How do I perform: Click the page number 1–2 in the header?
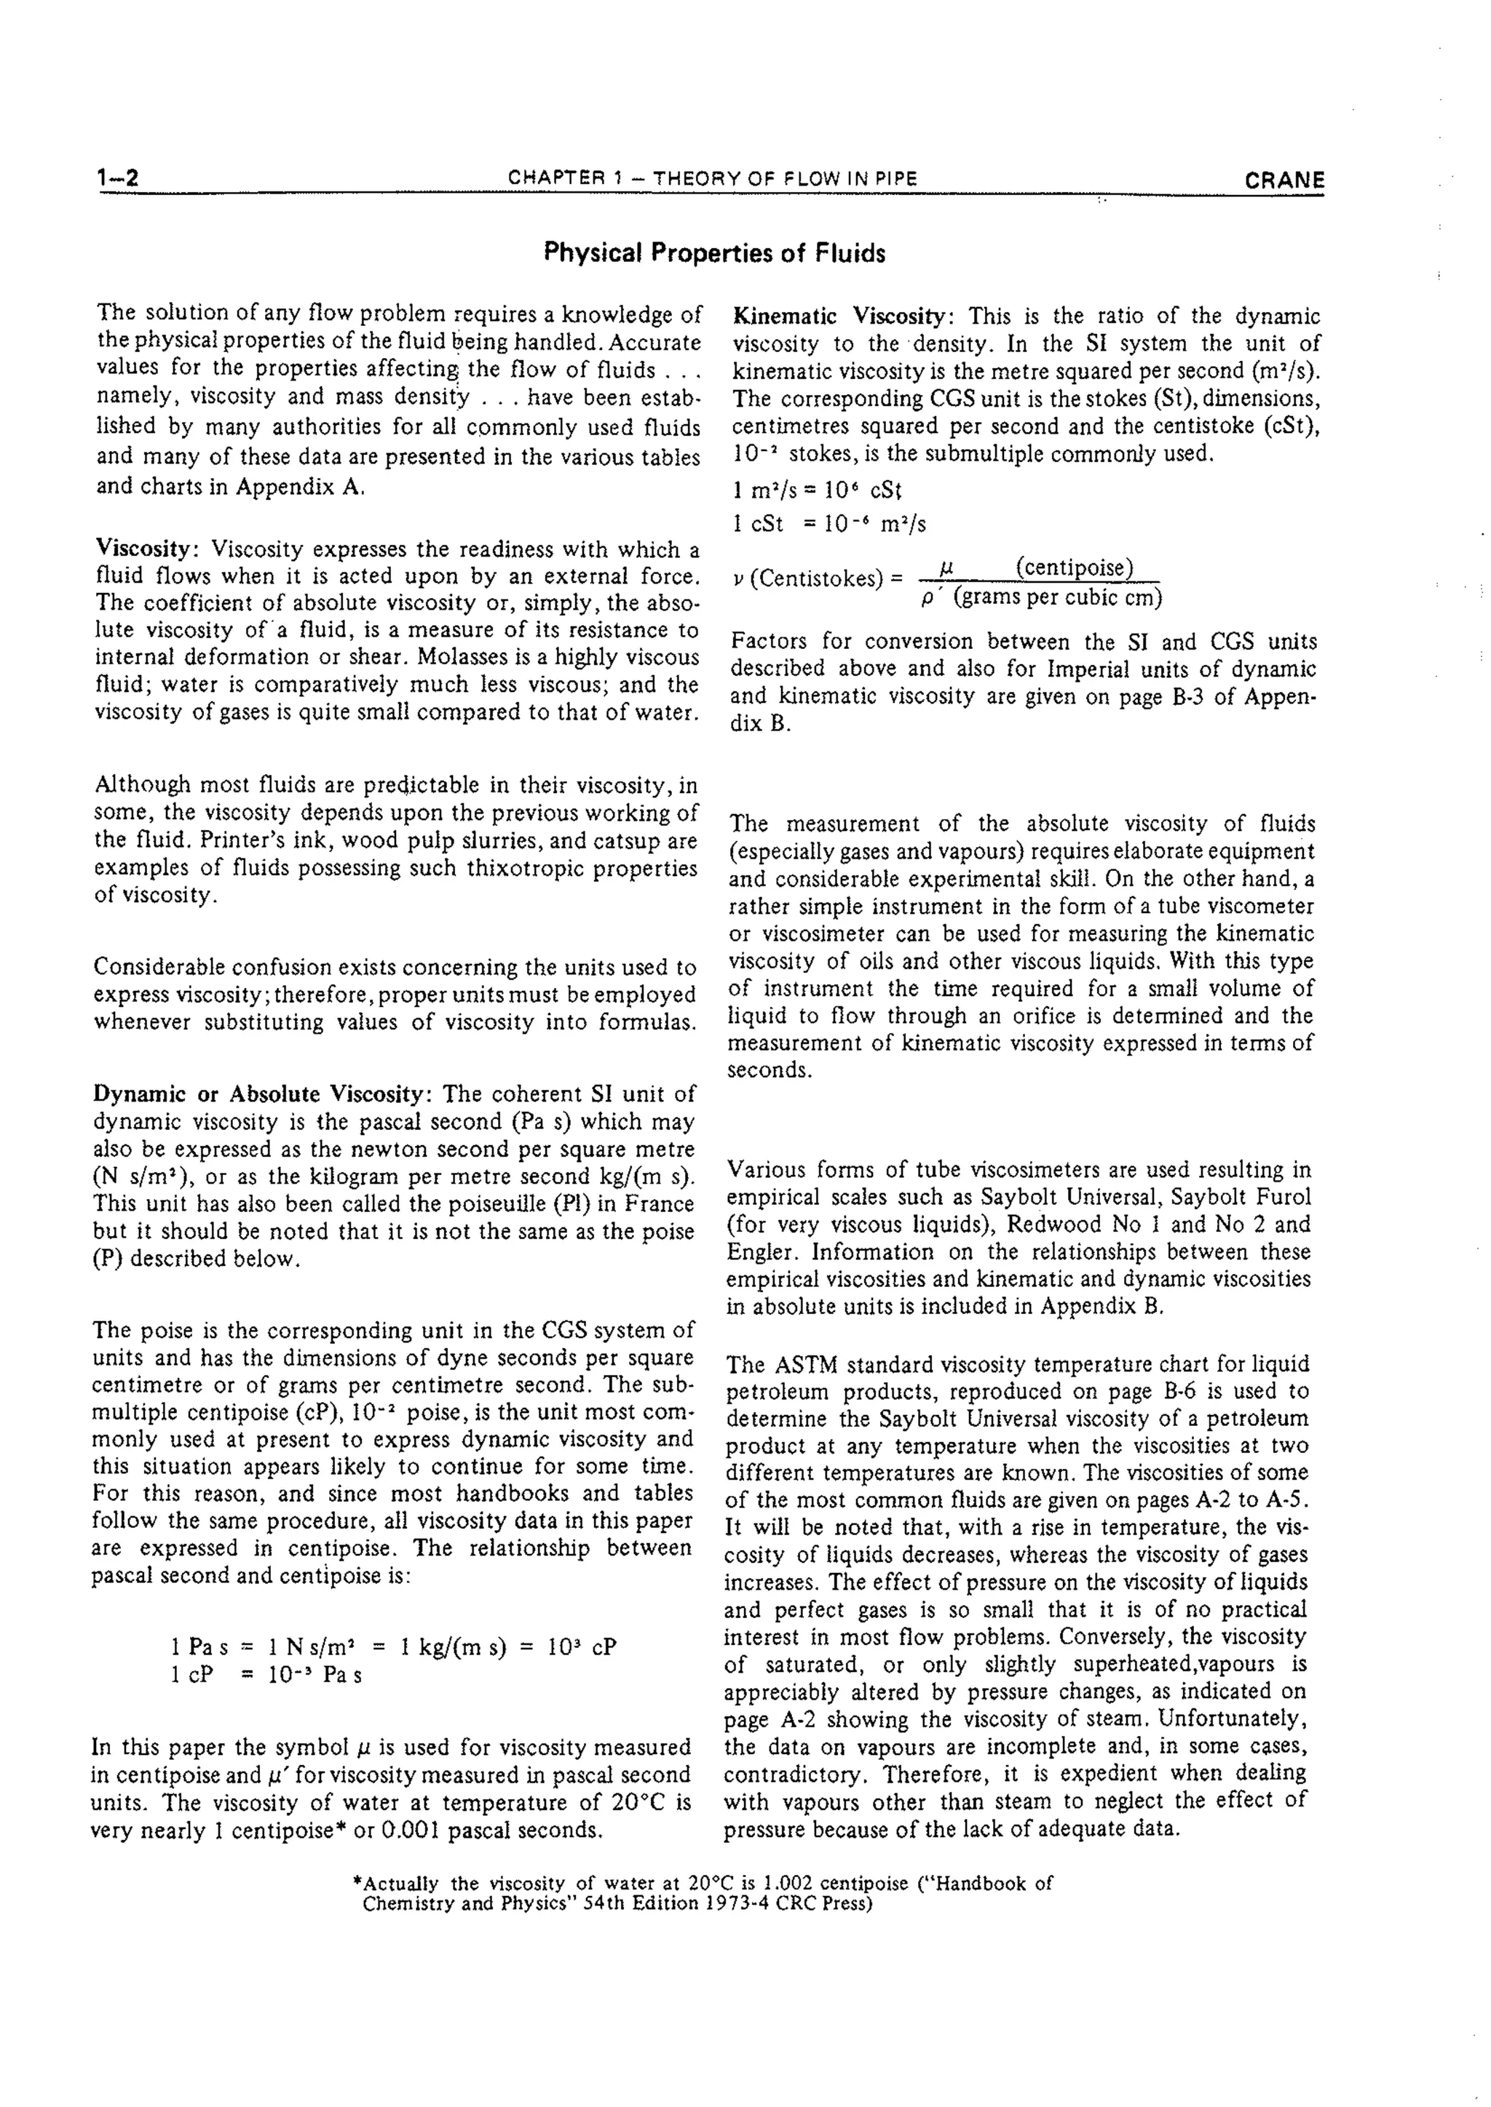117,178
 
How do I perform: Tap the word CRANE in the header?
1284,180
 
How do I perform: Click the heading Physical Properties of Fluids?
714,253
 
